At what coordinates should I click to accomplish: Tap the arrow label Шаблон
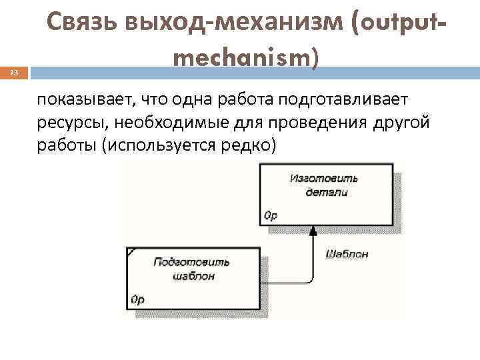tap(347, 254)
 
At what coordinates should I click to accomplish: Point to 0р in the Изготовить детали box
tap(271, 215)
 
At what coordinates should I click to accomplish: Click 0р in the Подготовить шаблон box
tap(138, 300)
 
